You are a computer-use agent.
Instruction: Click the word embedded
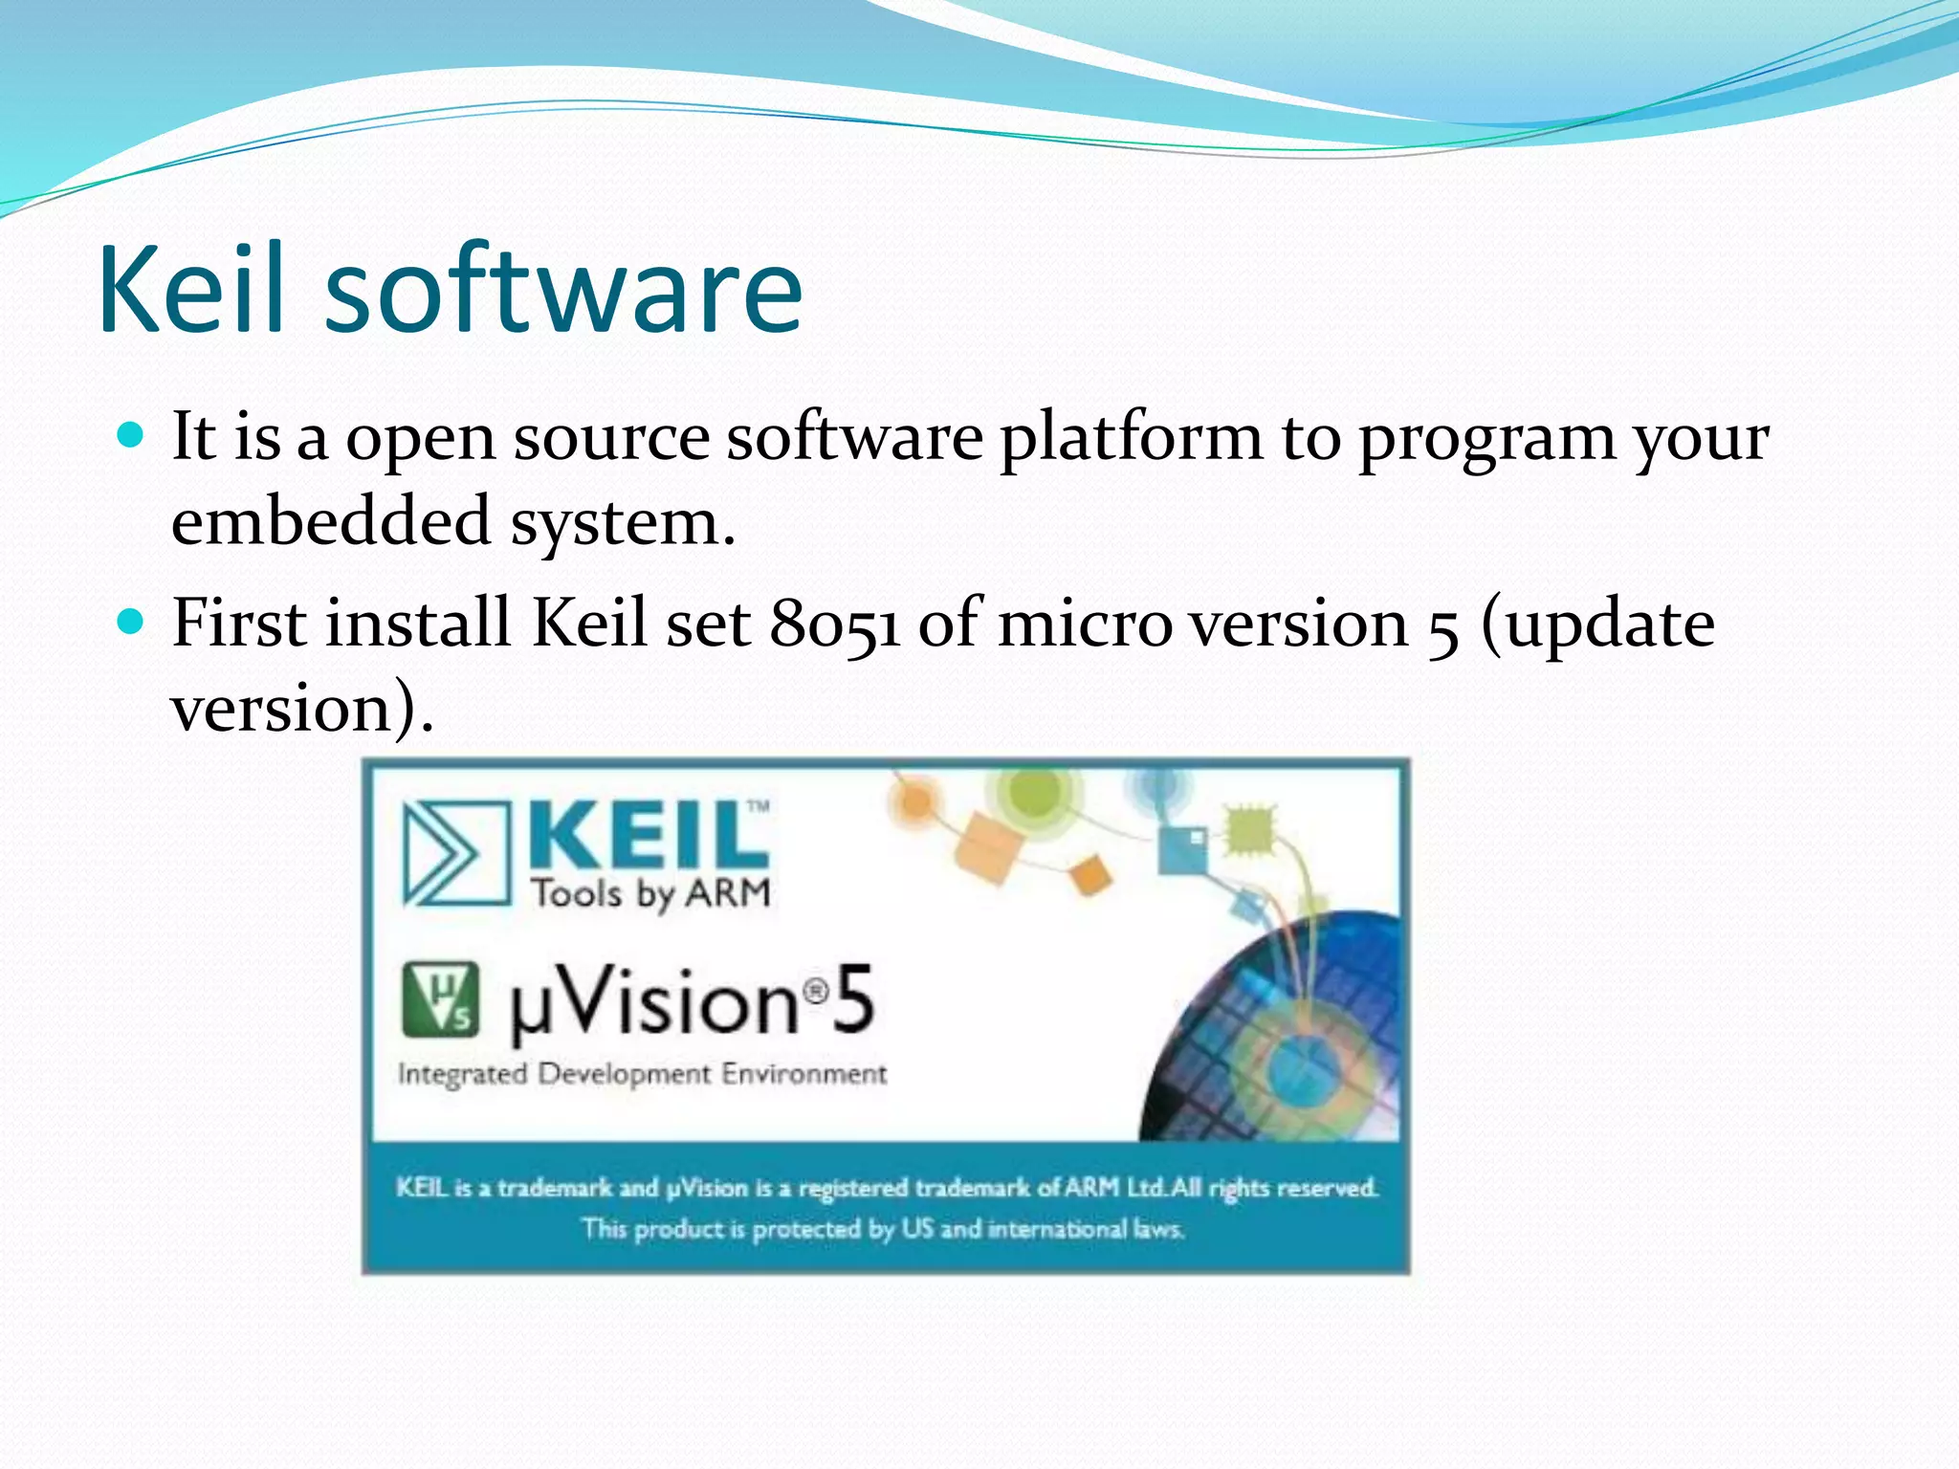331,523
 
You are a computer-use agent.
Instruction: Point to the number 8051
834,624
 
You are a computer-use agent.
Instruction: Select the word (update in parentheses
1597,624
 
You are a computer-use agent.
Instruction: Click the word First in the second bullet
246,624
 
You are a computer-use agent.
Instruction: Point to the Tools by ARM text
650,893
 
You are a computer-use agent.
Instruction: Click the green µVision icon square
440,1000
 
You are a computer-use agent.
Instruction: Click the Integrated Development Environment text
642,1074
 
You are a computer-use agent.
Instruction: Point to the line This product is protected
882,1229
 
